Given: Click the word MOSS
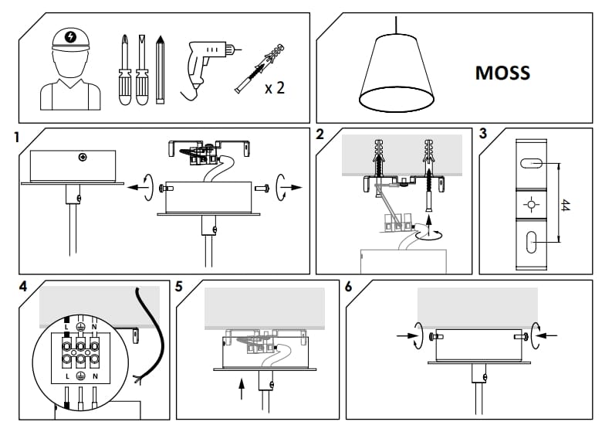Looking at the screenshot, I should (x=502, y=73).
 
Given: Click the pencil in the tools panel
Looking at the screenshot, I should (x=161, y=69).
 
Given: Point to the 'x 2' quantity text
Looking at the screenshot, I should (x=275, y=88).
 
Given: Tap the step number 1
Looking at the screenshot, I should (x=16, y=138).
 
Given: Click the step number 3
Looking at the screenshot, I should (x=483, y=133).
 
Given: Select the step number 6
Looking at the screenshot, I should (x=349, y=287).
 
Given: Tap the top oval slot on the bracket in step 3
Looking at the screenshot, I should (x=529, y=164).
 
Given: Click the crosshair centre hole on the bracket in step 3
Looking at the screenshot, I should (x=529, y=205).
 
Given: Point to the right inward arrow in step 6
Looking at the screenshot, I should (x=543, y=336).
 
